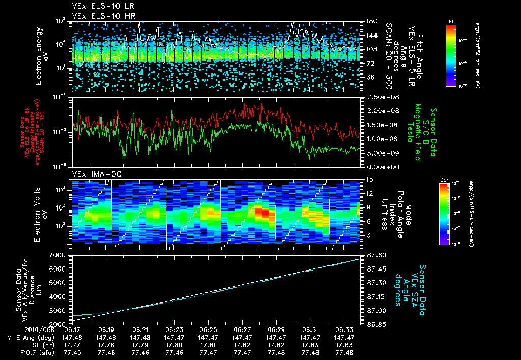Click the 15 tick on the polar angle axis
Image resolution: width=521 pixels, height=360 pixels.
pos(368,179)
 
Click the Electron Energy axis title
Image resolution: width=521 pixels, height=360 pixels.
pos(41,56)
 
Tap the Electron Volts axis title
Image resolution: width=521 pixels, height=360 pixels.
pos(41,214)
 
